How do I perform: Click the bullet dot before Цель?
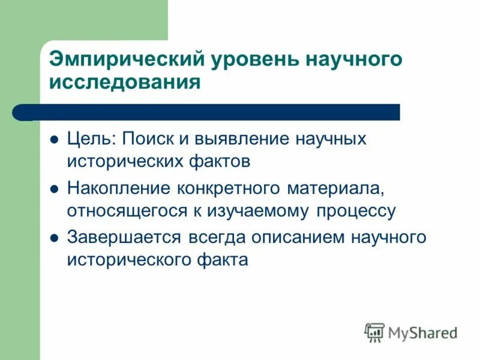click(x=54, y=140)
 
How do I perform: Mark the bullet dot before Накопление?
click(x=54, y=188)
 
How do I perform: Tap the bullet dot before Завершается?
click(x=54, y=238)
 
